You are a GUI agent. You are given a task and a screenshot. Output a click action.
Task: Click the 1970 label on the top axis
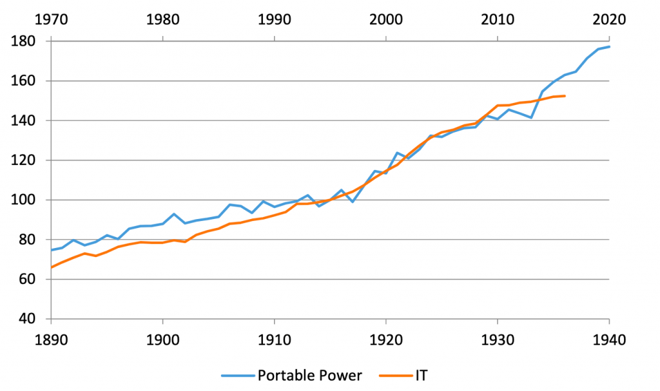52,19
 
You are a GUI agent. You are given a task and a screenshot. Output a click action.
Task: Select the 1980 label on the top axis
163,19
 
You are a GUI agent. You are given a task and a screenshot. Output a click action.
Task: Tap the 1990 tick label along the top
275,19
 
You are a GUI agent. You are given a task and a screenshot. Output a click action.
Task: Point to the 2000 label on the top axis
386,19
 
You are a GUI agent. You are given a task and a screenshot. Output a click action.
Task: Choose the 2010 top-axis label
498,19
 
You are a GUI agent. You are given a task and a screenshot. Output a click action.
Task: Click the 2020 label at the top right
608,19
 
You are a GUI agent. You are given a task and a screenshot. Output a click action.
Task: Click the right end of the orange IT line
565,96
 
